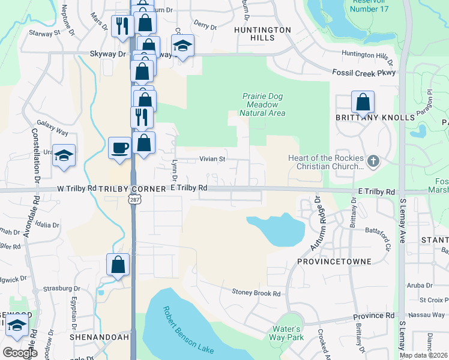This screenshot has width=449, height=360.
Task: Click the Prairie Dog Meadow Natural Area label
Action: (x=262, y=104)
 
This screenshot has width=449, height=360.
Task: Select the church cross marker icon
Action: (x=373, y=161)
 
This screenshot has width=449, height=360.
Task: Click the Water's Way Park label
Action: (x=286, y=333)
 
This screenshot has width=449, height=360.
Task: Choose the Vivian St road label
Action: (x=212, y=160)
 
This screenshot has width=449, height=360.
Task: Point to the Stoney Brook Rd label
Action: (x=256, y=293)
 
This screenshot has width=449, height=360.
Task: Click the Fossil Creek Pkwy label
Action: (x=364, y=73)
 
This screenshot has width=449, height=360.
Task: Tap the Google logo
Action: (x=20, y=353)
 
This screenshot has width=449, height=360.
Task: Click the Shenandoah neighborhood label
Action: (x=99, y=337)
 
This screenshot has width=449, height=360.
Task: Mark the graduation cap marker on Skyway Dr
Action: (x=182, y=46)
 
